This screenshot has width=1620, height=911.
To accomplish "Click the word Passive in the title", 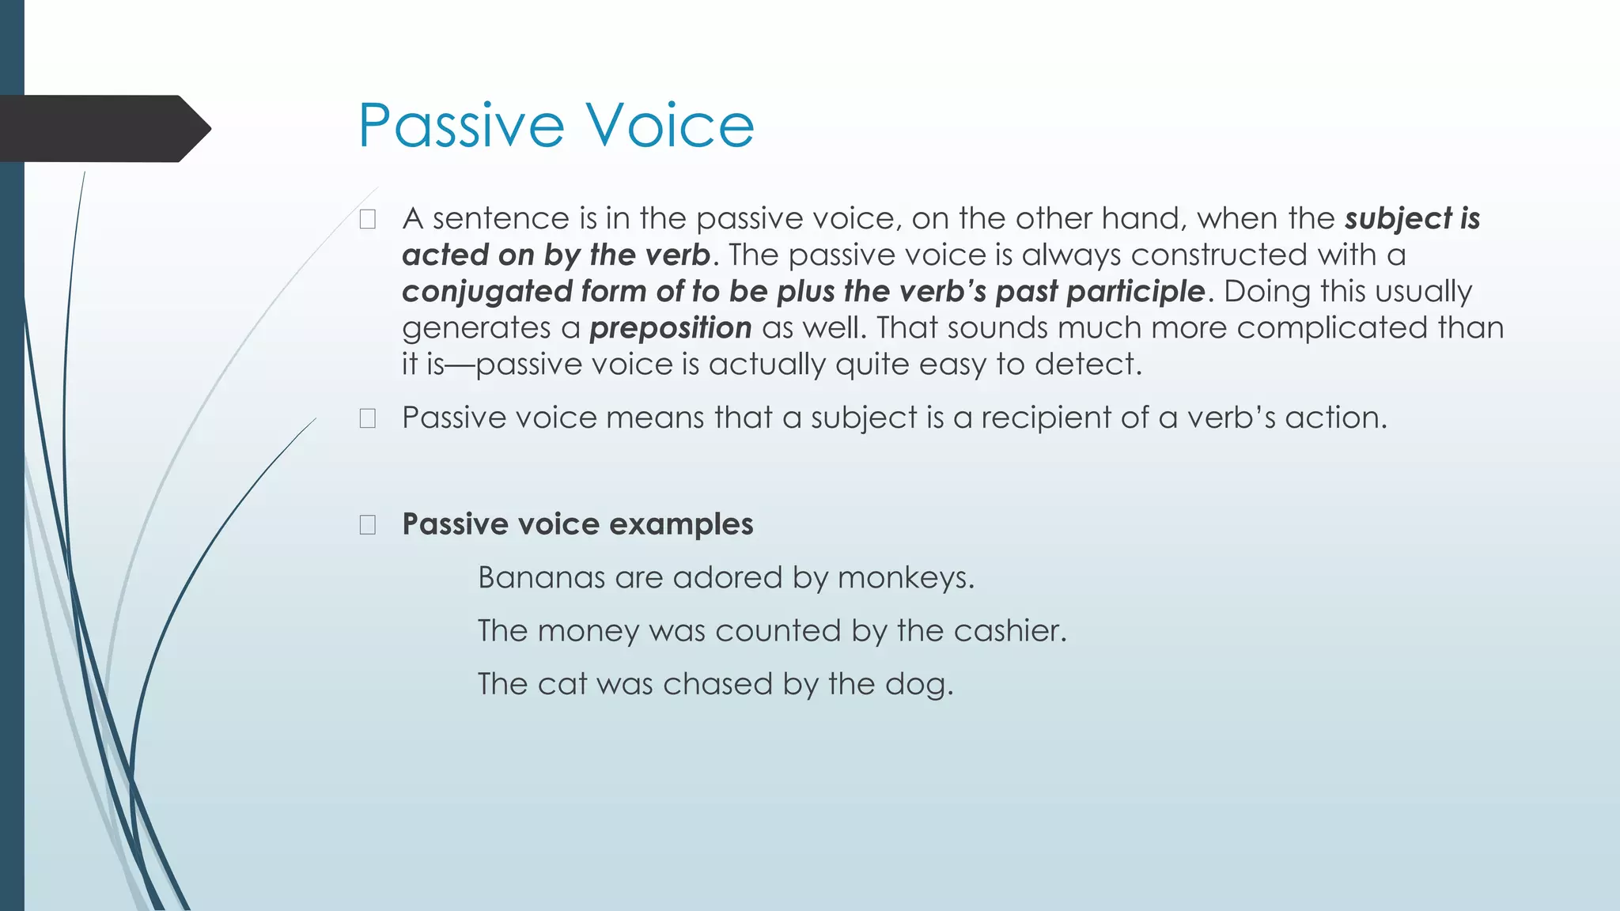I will click(x=461, y=126).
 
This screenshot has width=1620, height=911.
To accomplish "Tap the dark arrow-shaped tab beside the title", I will click(x=103, y=128).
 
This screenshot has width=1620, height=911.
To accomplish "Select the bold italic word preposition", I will click(x=671, y=328).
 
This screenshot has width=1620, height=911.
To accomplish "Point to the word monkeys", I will click(x=905, y=578).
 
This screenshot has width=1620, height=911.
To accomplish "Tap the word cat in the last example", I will click(x=562, y=685).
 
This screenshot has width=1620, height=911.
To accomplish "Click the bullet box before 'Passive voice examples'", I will click(x=368, y=525).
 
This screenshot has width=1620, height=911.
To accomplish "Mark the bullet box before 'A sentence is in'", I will click(x=368, y=220).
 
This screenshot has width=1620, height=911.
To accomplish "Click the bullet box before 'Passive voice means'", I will click(x=368, y=418).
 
